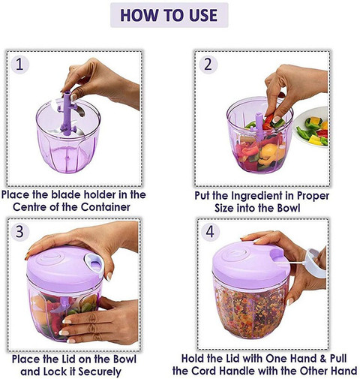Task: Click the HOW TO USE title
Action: click(x=169, y=15)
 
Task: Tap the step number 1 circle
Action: click(x=19, y=65)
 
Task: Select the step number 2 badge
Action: click(x=208, y=65)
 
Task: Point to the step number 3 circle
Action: click(x=19, y=232)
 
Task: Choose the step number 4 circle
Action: click(x=210, y=232)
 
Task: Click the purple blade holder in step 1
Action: click(x=67, y=113)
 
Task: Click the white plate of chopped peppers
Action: click(x=311, y=127)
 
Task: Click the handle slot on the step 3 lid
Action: click(x=94, y=264)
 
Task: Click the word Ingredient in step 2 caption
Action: click(x=258, y=196)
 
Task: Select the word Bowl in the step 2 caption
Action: click(x=289, y=208)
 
